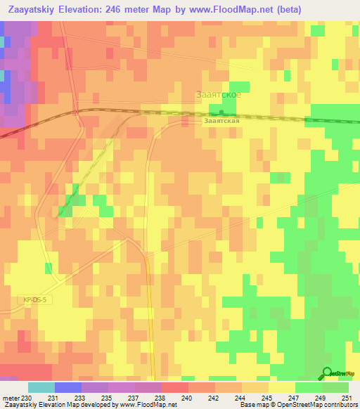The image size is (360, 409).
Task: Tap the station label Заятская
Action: (222, 120)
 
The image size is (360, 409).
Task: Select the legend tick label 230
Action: (27, 397)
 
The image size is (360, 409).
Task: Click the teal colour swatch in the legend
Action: (41, 387)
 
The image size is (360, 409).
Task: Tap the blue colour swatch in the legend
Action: (68, 387)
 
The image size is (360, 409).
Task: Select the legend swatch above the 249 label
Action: (309, 387)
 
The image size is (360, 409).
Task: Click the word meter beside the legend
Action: (11, 397)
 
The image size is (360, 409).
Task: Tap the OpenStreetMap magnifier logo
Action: (328, 373)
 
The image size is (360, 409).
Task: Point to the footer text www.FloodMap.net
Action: (147, 405)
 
